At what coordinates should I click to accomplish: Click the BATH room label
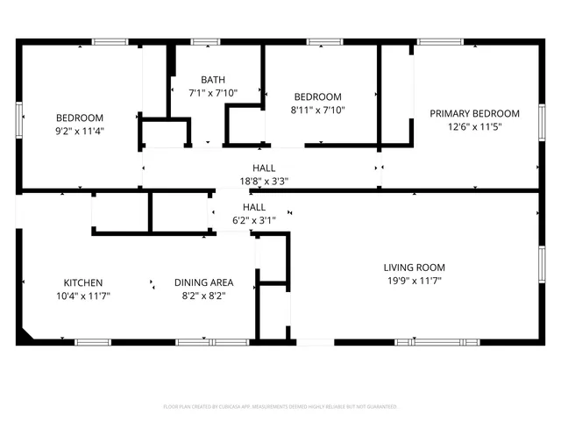point(213,79)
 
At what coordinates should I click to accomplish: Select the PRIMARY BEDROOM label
point(473,113)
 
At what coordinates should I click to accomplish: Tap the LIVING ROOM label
point(414,268)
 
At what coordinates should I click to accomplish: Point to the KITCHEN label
point(83,282)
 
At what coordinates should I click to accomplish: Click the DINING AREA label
point(203,282)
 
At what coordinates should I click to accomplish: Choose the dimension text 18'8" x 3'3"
point(264,182)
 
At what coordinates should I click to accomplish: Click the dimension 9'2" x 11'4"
point(80,132)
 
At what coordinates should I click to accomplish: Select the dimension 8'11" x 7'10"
point(317,111)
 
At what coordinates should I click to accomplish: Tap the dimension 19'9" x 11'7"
point(414,282)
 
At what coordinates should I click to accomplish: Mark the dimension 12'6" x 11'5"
point(473,127)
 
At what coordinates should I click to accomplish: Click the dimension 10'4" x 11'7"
point(83,296)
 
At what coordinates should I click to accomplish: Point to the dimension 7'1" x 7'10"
point(213,93)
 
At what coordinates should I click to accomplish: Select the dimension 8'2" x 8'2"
point(203,296)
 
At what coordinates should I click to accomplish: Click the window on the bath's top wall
point(205,41)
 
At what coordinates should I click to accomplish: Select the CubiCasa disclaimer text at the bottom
point(280,407)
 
